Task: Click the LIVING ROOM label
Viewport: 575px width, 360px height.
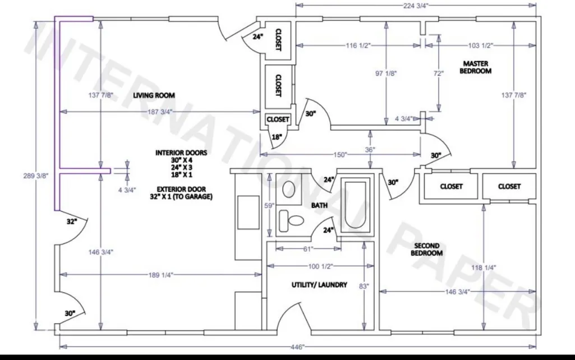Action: [154, 95]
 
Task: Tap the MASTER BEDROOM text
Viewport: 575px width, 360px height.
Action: [475, 67]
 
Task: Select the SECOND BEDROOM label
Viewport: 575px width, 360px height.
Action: [427, 250]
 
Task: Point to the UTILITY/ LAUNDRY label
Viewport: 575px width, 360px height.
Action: [319, 285]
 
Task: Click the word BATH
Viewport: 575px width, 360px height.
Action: [319, 205]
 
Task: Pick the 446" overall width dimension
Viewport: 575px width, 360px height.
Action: [297, 347]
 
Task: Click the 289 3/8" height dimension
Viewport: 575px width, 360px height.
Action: [35, 176]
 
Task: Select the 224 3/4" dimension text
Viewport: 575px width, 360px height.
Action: [416, 6]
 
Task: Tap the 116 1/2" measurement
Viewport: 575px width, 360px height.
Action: [358, 45]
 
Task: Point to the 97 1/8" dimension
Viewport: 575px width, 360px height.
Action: [386, 73]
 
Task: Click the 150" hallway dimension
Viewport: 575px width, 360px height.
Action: [340, 155]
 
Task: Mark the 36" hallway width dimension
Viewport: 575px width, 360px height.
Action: [370, 150]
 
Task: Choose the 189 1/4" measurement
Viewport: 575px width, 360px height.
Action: [160, 275]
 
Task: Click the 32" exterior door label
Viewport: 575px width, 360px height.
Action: [72, 221]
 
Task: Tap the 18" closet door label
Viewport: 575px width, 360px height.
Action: [277, 137]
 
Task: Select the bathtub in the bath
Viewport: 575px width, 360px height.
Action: [355, 205]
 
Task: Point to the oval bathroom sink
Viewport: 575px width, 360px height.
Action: [289, 189]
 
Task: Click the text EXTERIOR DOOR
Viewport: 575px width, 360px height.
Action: [181, 189]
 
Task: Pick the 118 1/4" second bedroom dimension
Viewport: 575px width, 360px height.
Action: [484, 267]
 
